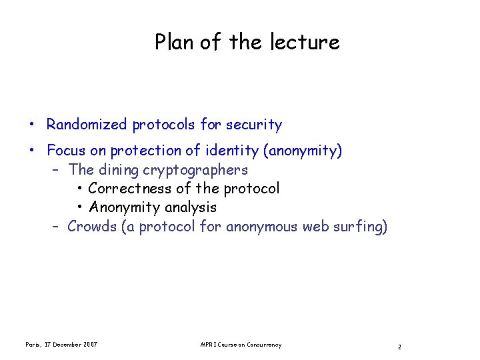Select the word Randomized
point(87,125)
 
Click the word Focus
point(66,151)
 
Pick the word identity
point(234,151)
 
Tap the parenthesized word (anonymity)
point(303,151)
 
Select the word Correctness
point(129,189)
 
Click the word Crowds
point(91,227)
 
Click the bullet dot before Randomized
point(32,125)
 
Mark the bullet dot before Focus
point(32,151)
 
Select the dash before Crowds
point(57,227)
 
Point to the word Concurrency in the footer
point(264,345)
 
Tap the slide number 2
point(399,347)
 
